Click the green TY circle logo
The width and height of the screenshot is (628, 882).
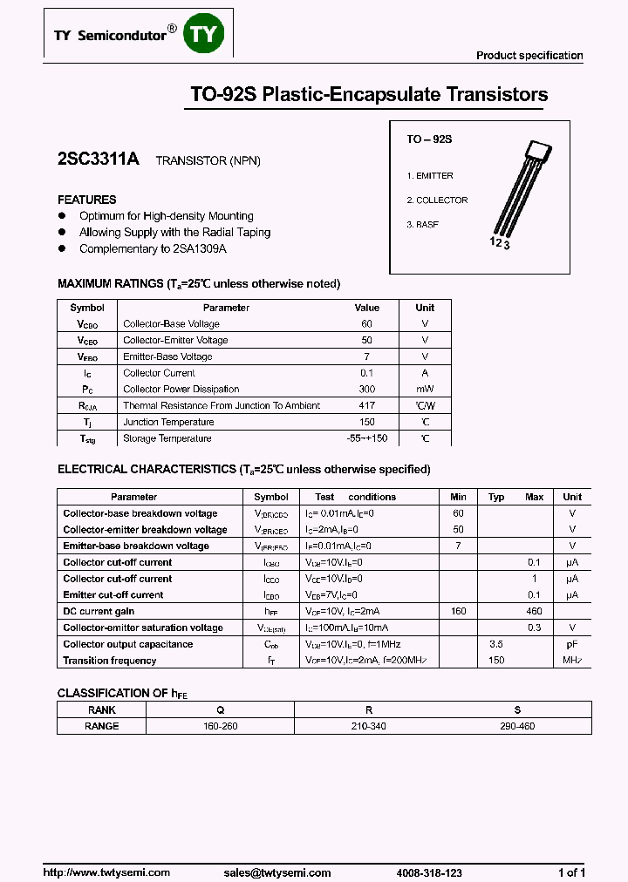click(207, 35)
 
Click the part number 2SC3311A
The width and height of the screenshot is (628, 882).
click(98, 160)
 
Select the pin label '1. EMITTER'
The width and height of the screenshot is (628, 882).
click(430, 176)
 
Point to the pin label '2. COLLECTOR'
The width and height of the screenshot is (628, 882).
click(437, 200)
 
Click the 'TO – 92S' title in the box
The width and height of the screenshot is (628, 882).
click(430, 139)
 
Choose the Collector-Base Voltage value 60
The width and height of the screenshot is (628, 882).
click(366, 324)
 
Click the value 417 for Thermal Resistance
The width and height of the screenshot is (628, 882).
click(366, 406)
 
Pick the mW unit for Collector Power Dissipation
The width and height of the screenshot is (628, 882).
click(424, 390)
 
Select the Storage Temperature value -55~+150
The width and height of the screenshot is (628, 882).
click(366, 439)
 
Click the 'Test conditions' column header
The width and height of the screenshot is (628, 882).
click(343, 497)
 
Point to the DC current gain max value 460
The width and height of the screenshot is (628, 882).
click(534, 612)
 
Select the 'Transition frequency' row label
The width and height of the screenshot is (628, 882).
click(110, 661)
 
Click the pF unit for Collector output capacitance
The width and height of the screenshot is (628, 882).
click(572, 645)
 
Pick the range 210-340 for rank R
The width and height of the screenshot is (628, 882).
click(369, 726)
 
